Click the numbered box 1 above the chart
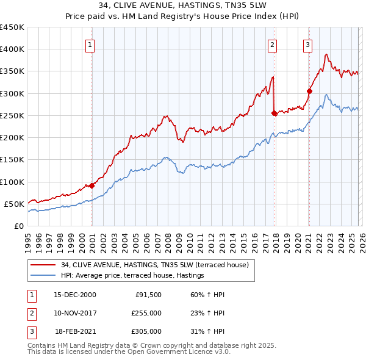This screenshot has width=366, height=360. pos(90,44)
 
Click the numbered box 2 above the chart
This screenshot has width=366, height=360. pos(272,44)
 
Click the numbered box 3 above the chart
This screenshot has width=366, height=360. pos(307,44)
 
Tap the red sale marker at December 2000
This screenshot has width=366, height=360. pos(92,185)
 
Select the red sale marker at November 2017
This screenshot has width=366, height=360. pos(274,113)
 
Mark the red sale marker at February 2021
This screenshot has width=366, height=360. pos(309,91)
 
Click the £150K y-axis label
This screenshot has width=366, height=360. pos(12,160)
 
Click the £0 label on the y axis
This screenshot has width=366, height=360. pos(19,226)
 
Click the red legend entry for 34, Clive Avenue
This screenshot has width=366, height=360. pos(154,265)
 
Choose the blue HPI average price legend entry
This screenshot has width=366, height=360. pos(132,276)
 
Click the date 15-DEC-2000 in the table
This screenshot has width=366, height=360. pos(74,295)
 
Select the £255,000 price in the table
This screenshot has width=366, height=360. pos(146,313)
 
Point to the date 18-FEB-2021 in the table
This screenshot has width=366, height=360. pos(75,331)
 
